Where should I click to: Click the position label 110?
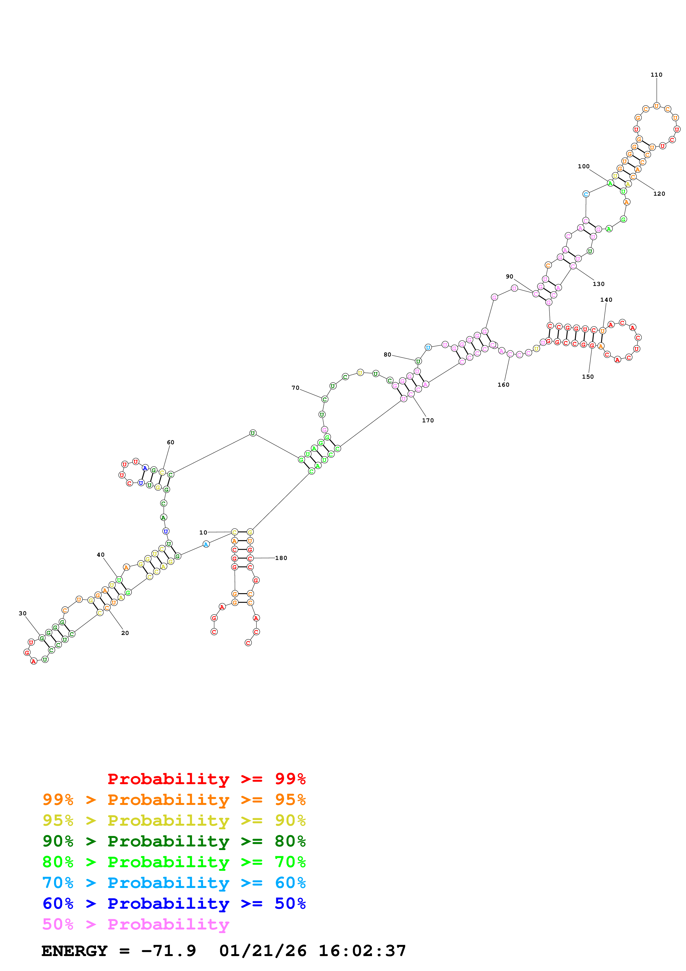click(656, 75)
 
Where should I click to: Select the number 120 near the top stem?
click(659, 194)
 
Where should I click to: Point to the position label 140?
click(606, 300)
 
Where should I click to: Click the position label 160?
click(503, 385)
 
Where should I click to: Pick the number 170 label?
click(428, 420)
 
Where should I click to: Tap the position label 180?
click(281, 558)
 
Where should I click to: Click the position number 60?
click(170, 442)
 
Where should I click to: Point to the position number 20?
click(125, 633)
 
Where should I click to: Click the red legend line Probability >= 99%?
click(206, 779)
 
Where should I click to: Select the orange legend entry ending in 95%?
click(174, 800)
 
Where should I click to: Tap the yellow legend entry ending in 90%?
click(174, 820)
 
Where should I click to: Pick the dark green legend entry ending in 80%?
click(174, 841)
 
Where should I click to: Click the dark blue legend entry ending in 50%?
click(174, 903)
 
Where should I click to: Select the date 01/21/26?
click(263, 951)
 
